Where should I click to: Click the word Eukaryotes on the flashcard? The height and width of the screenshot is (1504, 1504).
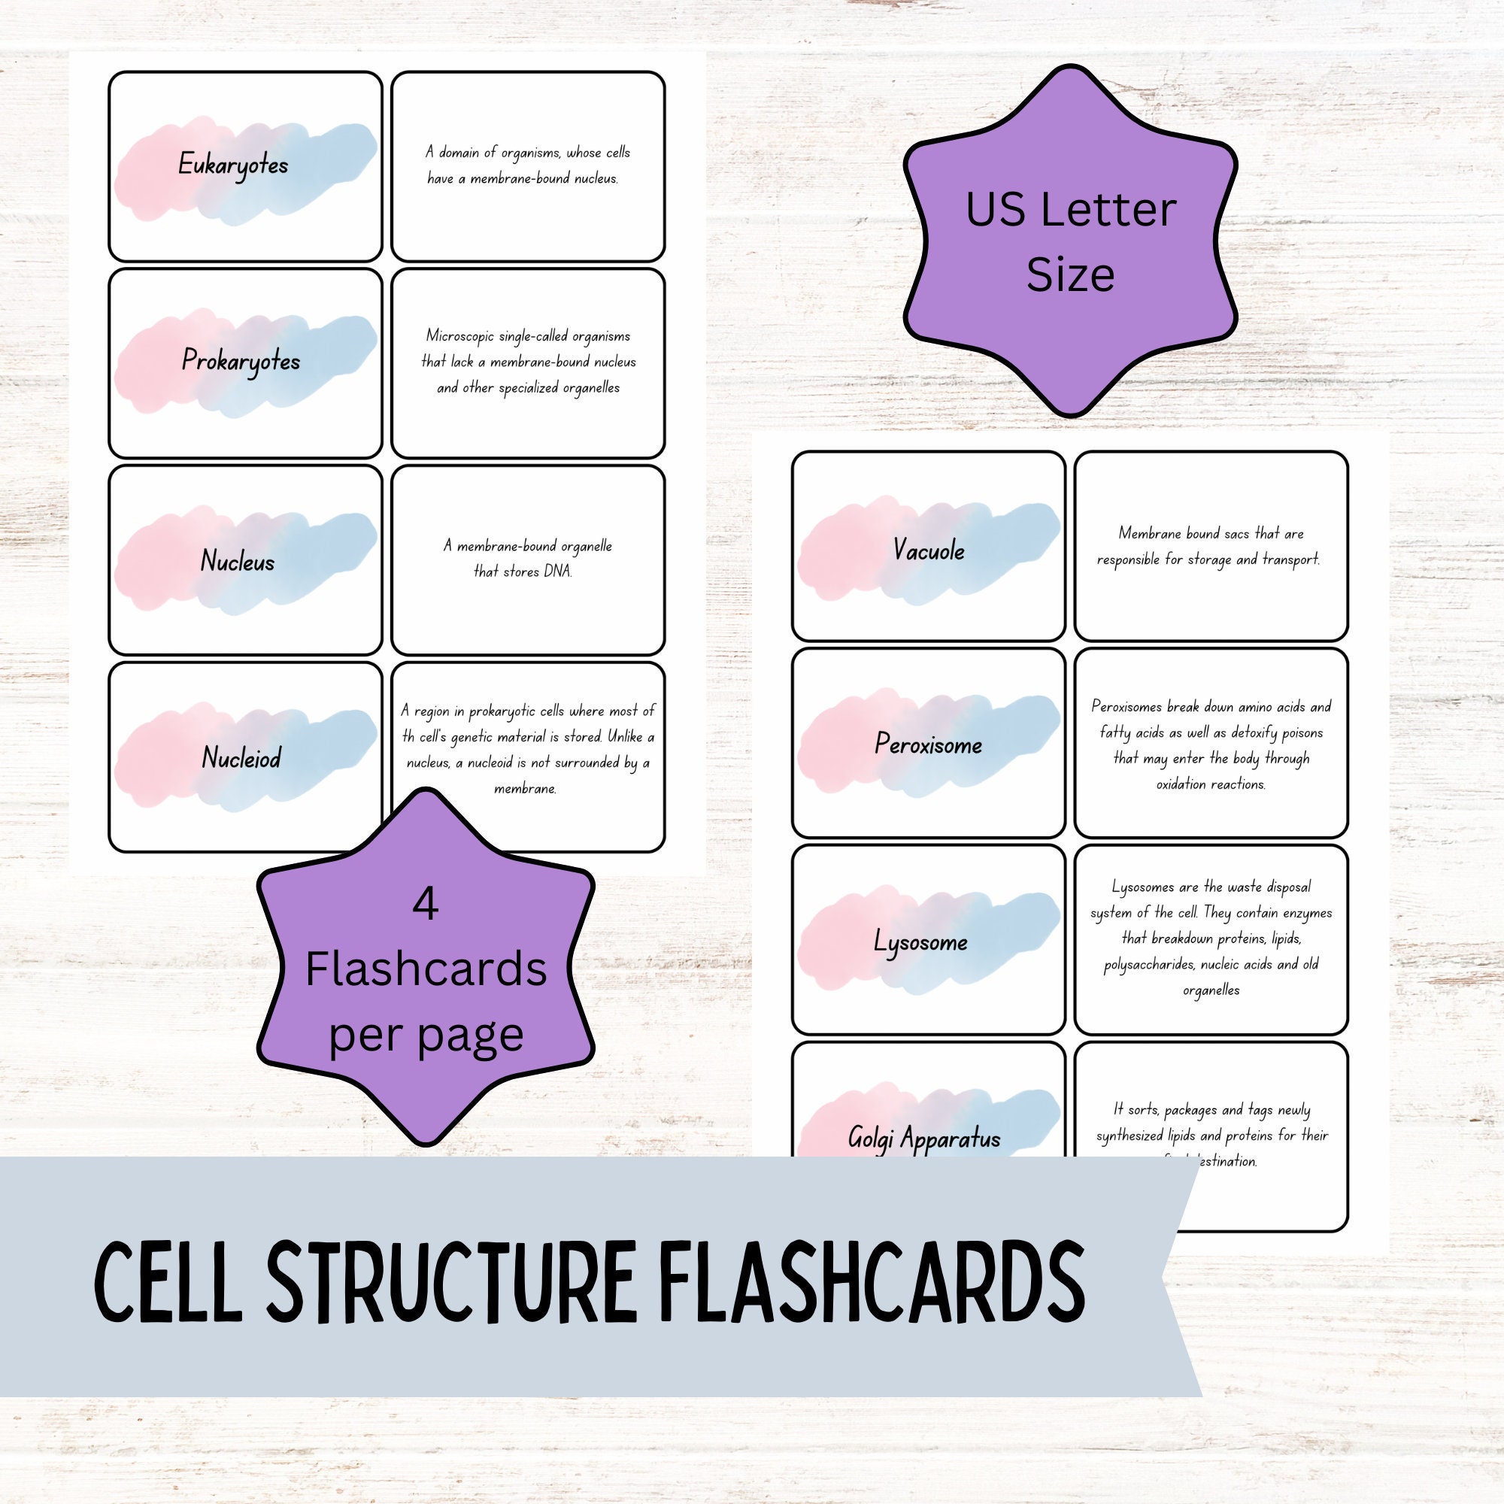click(x=233, y=165)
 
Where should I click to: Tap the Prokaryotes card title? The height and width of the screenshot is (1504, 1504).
click(x=241, y=361)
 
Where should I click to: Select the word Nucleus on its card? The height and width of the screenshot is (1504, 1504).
click(x=238, y=561)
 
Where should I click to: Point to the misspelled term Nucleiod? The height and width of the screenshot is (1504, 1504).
click(x=241, y=757)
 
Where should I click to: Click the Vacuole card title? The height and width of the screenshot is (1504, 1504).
click(x=928, y=551)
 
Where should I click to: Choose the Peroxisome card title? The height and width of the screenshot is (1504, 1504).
click(x=928, y=745)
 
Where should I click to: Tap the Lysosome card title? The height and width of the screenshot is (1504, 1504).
click(x=920, y=943)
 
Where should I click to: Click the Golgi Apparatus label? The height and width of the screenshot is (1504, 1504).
click(x=924, y=1139)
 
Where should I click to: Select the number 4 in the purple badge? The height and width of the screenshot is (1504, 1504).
click(x=425, y=905)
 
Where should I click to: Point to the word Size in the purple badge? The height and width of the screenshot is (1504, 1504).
click(x=1069, y=274)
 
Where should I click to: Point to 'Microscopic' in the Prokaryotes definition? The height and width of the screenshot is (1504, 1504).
click(x=455, y=336)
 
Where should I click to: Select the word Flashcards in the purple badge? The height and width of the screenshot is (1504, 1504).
click(x=425, y=970)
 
